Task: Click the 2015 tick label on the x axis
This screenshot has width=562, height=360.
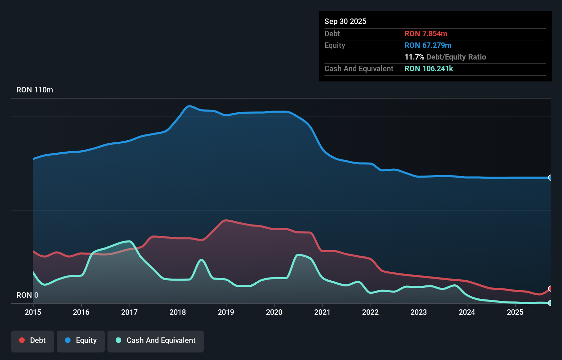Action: [33, 312]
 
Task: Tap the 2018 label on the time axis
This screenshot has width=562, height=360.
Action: [178, 312]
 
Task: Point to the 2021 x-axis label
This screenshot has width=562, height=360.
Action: [322, 312]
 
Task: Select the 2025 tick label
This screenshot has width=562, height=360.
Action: [515, 312]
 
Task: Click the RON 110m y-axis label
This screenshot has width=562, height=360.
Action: [35, 90]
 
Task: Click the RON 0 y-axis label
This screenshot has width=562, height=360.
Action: [27, 295]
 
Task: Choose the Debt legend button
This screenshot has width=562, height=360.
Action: [33, 340]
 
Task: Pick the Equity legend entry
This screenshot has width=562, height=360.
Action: [81, 340]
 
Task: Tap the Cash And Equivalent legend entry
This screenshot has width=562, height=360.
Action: [156, 340]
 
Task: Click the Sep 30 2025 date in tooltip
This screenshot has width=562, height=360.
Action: [345, 21]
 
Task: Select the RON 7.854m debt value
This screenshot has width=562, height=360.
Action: [425, 34]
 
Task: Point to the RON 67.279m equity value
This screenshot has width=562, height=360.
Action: [427, 45]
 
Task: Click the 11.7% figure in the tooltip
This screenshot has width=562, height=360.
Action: [414, 57]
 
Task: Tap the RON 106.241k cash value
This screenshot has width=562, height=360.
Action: [429, 68]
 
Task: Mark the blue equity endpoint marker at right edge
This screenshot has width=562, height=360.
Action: [550, 178]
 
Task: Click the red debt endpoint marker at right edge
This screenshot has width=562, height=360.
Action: [550, 288]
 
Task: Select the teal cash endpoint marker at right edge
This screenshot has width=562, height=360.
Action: [550, 303]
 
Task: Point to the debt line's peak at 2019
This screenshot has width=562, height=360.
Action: [226, 220]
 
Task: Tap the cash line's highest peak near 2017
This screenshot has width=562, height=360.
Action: [129, 241]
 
